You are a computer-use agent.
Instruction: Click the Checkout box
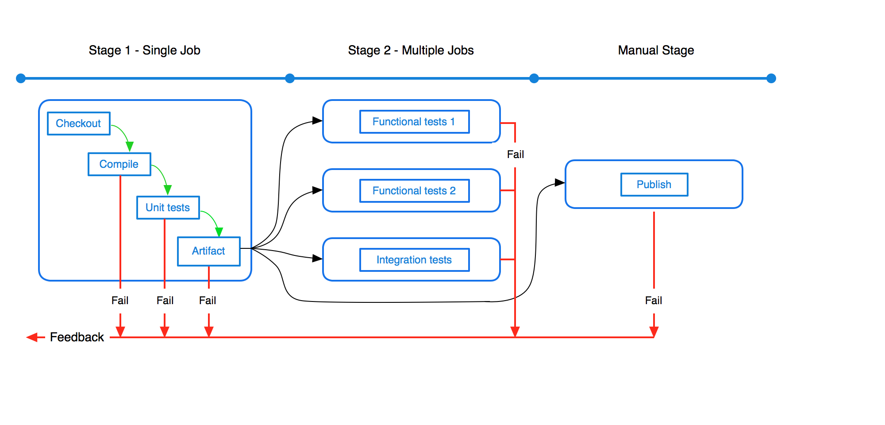pyautogui.click(x=79, y=124)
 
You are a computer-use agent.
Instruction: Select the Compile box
pyautogui.click(x=119, y=164)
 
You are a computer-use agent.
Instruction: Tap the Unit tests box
pyautogui.click(x=168, y=208)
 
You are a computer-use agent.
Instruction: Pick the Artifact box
pyautogui.click(x=209, y=251)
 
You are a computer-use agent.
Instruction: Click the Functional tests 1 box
pyautogui.click(x=415, y=122)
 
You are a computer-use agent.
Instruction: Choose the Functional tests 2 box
pyautogui.click(x=415, y=191)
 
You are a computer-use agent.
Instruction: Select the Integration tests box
pyautogui.click(x=415, y=260)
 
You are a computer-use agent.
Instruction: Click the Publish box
pyautogui.click(x=654, y=185)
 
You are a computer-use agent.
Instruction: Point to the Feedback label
pyautogui.click(x=77, y=337)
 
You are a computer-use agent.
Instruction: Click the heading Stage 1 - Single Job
pyautogui.click(x=145, y=50)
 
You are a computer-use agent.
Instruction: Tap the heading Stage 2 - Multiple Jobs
pyautogui.click(x=411, y=50)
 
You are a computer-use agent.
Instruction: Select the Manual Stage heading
pyautogui.click(x=656, y=50)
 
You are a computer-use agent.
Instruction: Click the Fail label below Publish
pyautogui.click(x=654, y=301)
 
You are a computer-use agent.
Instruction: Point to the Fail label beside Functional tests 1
pyautogui.click(x=516, y=155)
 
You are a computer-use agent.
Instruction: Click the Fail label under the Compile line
pyautogui.click(x=120, y=301)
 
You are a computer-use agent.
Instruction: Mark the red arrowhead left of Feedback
pyautogui.click(x=32, y=337)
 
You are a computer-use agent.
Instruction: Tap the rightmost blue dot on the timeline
pyautogui.click(x=771, y=78)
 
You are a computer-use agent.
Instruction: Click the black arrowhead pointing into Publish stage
pyautogui.click(x=560, y=182)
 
